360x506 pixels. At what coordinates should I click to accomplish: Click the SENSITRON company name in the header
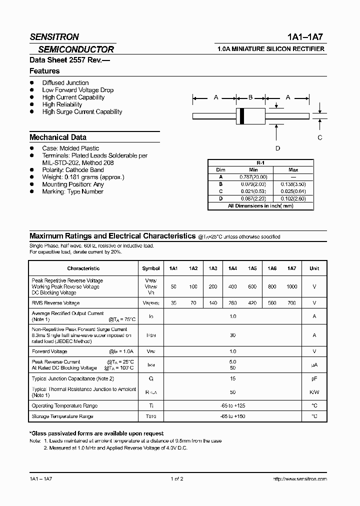(54, 37)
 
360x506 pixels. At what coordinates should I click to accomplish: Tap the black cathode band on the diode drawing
(242, 116)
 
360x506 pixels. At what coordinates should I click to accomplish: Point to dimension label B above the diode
(251, 97)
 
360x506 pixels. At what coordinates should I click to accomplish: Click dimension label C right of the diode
(320, 137)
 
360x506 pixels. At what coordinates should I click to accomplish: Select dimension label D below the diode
(277, 148)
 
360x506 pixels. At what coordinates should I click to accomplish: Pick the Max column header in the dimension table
(293, 170)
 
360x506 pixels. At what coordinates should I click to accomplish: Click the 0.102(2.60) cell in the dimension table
(293, 198)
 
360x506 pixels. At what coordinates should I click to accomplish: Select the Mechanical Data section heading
(58, 137)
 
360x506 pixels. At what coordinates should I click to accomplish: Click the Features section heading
(44, 71)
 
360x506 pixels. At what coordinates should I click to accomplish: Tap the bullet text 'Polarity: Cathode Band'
(73, 170)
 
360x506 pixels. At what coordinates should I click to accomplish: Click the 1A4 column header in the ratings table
(232, 268)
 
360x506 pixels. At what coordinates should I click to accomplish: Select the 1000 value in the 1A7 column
(292, 286)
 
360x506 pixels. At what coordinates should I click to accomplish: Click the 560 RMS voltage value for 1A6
(272, 303)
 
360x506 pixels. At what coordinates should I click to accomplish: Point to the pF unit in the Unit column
(314, 379)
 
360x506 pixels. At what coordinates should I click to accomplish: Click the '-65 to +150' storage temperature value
(232, 416)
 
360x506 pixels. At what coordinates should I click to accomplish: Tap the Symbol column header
(151, 268)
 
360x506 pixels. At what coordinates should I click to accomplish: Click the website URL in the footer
(300, 479)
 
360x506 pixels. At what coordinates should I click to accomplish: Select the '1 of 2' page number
(177, 479)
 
